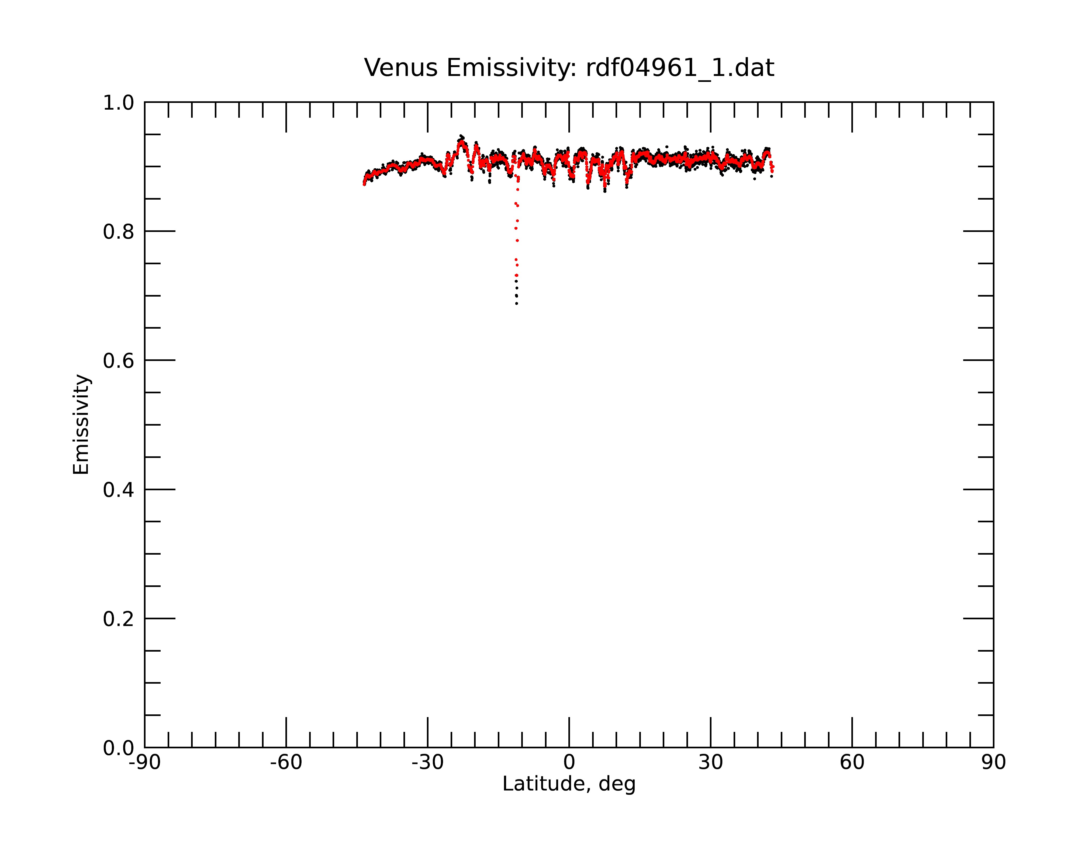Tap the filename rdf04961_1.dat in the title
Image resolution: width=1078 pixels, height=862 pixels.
[680, 68]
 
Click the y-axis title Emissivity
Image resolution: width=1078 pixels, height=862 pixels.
[81, 425]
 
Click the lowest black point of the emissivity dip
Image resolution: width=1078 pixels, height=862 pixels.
[517, 304]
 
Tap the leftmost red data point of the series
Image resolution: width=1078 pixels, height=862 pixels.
[364, 185]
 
